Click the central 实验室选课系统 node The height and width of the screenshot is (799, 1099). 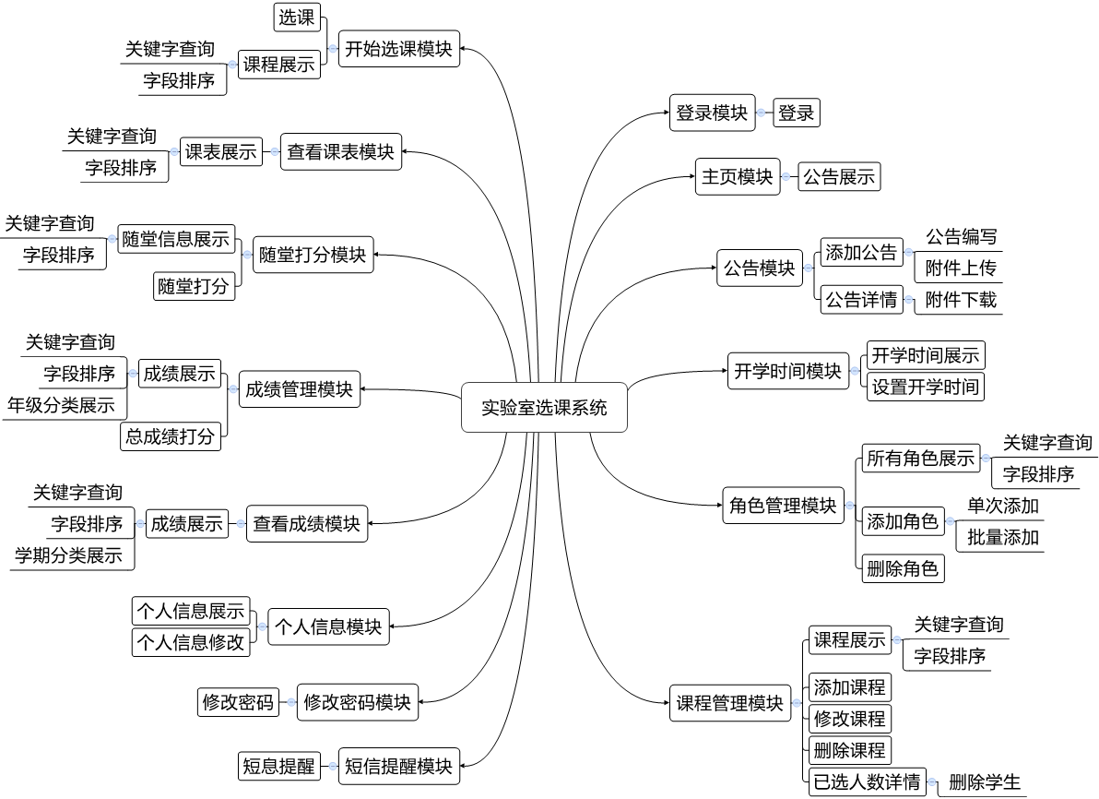pos(544,407)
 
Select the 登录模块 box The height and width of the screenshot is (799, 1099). pos(712,113)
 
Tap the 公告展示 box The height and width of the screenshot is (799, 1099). pos(839,177)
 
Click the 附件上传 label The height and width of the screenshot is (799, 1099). pos(961,268)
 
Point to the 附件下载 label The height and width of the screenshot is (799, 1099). pos(961,300)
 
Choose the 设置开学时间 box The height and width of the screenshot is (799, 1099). pos(925,386)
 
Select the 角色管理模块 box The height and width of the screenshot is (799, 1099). pos(782,506)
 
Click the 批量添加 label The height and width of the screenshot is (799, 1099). pos(1002,537)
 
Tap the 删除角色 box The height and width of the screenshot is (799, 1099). pos(902,568)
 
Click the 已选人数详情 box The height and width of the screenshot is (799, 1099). pos(866,782)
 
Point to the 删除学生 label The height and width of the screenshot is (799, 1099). pos(985,783)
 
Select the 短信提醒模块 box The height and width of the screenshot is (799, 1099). pos(398,766)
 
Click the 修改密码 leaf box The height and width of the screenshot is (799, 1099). pos(238,703)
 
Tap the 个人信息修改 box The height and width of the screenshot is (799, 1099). pos(192,642)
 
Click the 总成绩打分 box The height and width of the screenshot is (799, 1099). pos(171,435)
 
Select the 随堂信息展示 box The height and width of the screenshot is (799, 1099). pos(176,239)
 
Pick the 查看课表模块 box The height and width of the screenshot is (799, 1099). pos(340,152)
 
